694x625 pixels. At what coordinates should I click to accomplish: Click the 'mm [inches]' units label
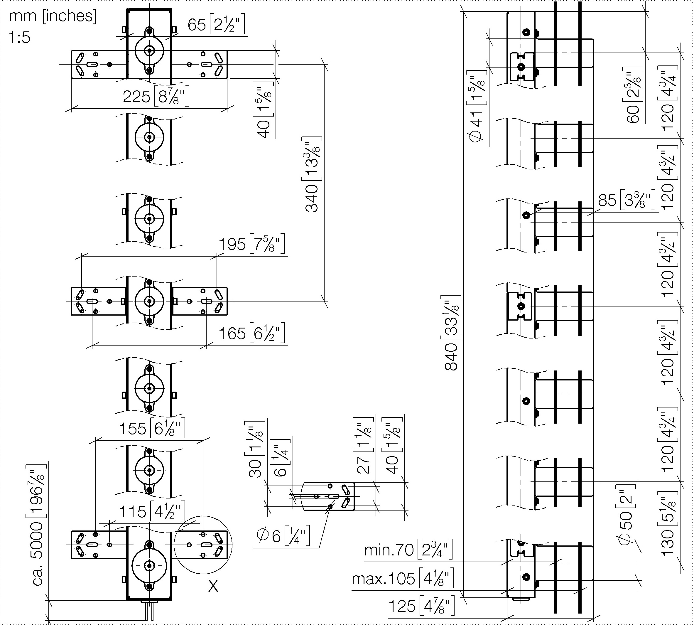click(x=53, y=16)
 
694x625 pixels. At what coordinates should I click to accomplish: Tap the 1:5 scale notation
click(x=19, y=37)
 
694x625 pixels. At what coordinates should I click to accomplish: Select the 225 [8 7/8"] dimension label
click(x=156, y=97)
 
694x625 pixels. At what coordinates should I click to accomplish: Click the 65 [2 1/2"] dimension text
click(x=217, y=25)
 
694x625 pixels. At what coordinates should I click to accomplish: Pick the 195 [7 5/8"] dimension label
click(x=251, y=244)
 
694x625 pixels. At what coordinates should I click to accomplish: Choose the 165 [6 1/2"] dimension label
click(x=251, y=333)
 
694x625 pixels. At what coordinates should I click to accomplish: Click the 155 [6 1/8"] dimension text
click(x=152, y=428)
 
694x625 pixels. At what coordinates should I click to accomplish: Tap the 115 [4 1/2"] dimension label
click(x=152, y=511)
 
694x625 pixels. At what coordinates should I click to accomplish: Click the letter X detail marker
click(x=213, y=586)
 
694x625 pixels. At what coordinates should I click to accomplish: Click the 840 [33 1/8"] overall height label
click(x=451, y=333)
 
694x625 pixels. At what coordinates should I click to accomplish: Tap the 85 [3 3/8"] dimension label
click(x=627, y=200)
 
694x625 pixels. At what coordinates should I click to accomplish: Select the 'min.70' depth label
click(x=389, y=550)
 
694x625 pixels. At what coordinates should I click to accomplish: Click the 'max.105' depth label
click(x=383, y=579)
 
